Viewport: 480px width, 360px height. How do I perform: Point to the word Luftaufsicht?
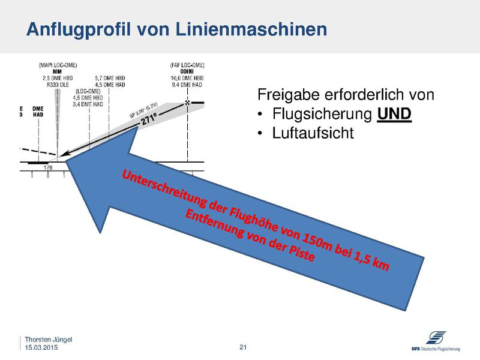(313, 132)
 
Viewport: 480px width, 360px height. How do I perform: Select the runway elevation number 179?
(48, 168)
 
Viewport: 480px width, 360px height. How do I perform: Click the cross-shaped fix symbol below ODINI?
(187, 104)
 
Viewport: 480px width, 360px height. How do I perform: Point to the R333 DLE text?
(58, 85)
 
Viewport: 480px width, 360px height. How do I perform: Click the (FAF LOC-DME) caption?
(187, 64)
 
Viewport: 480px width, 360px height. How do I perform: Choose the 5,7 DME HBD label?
(110, 78)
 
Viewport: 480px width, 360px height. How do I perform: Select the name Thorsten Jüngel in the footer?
(48, 340)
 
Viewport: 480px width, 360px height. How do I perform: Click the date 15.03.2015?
(41, 347)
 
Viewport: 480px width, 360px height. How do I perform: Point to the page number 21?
(243, 347)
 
